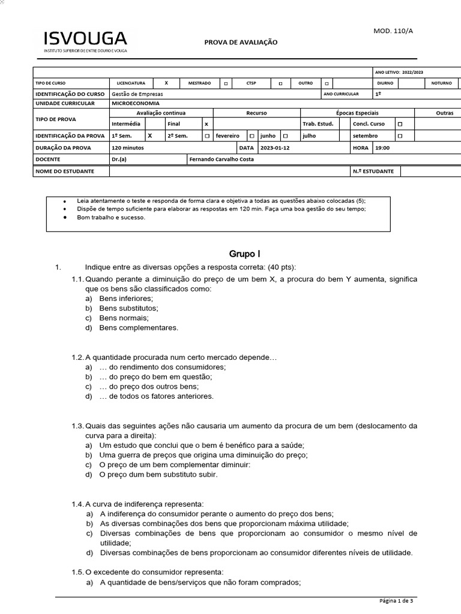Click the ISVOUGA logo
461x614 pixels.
point(85,41)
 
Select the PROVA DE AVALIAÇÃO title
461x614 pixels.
point(241,43)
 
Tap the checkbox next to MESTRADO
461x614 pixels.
point(226,83)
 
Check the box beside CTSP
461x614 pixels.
point(280,83)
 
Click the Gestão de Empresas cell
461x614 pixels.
point(137,94)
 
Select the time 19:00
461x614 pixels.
point(382,148)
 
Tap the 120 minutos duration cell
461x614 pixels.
point(127,148)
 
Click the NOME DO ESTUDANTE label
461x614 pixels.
point(65,171)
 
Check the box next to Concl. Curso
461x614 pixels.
point(400,124)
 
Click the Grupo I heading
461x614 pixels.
point(245,254)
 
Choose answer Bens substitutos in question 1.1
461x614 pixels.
point(128,308)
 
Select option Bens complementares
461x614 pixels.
point(139,328)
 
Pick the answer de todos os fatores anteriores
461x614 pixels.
point(156,396)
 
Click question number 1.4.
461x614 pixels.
point(78,504)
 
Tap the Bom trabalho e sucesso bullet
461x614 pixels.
point(111,217)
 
